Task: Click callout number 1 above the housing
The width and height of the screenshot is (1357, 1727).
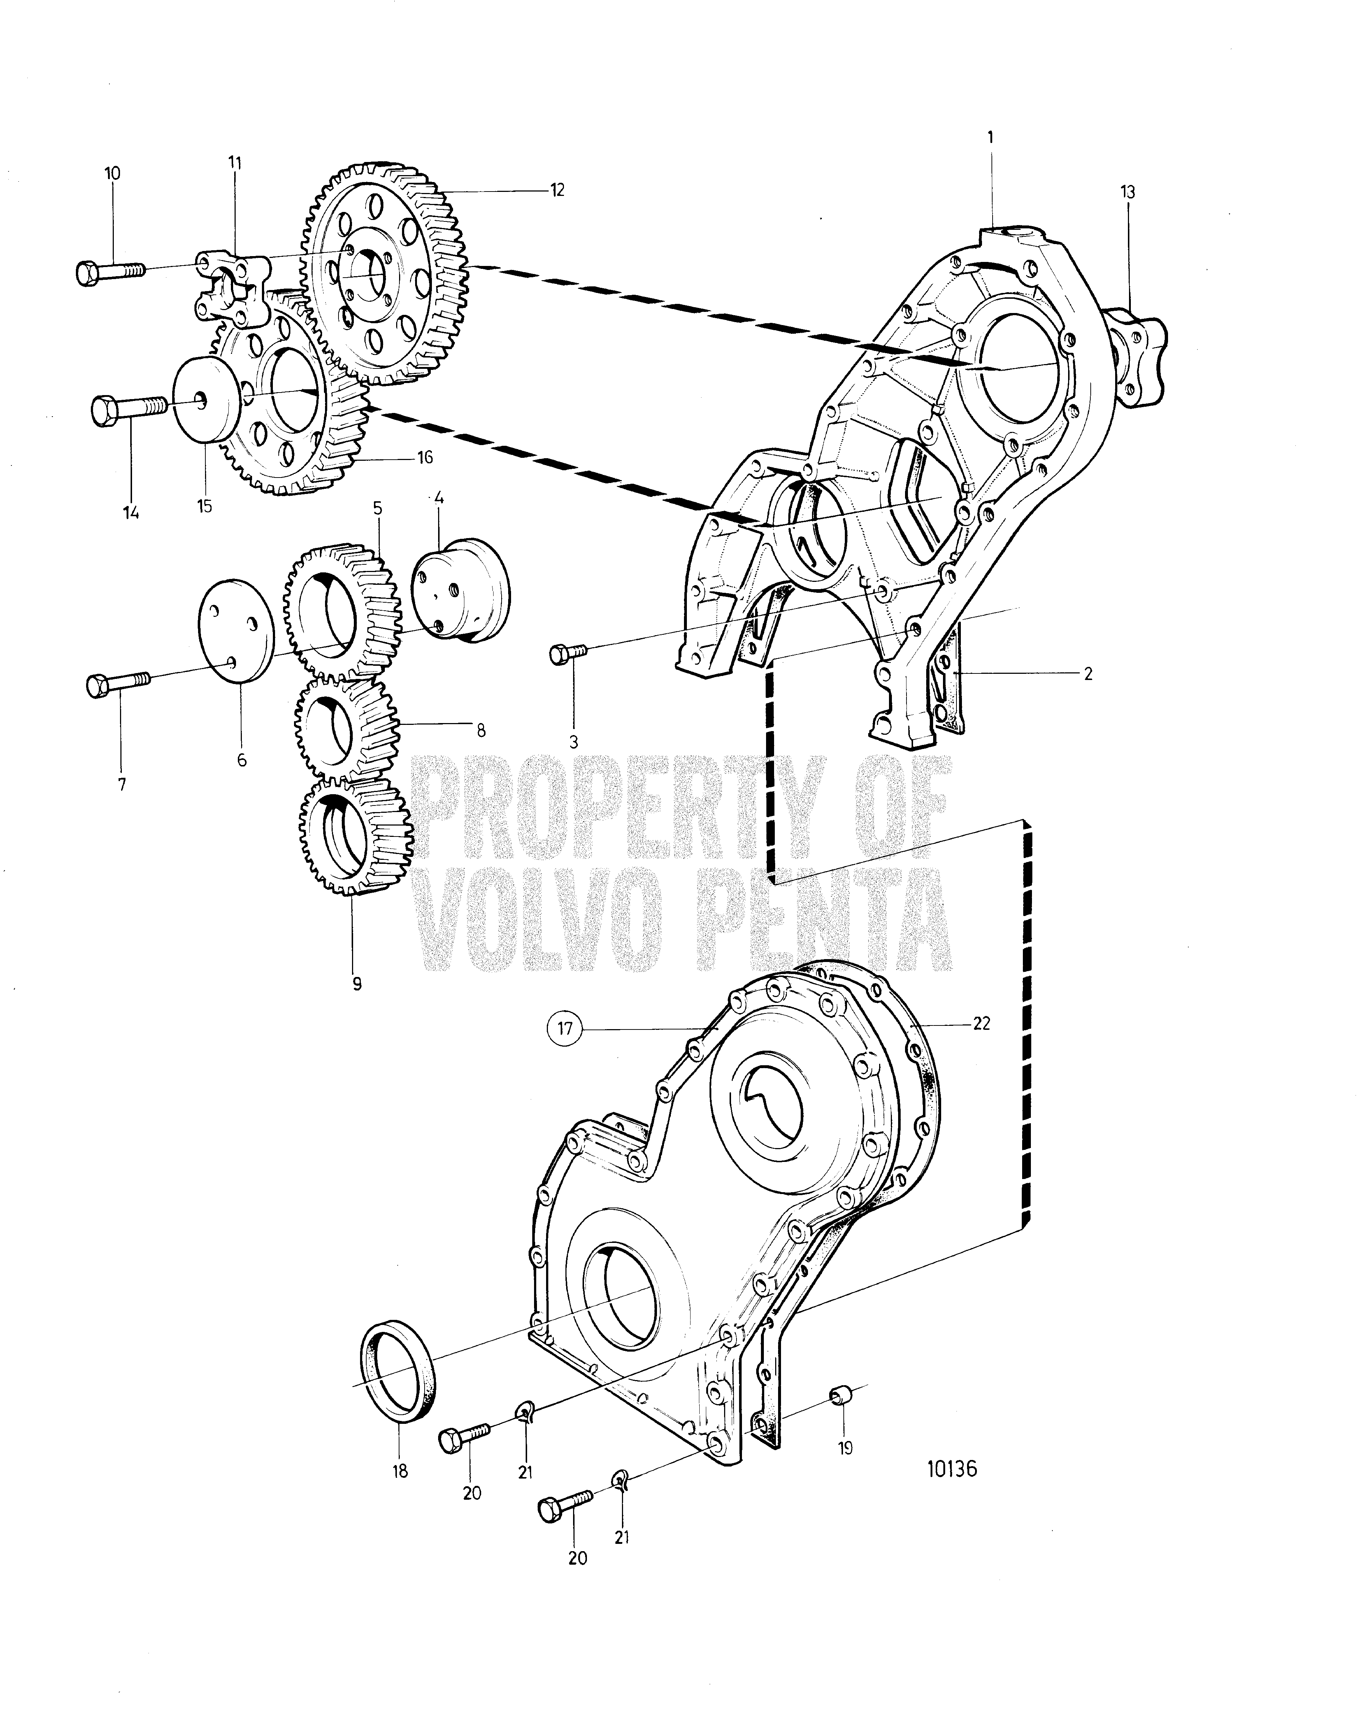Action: (x=991, y=137)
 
